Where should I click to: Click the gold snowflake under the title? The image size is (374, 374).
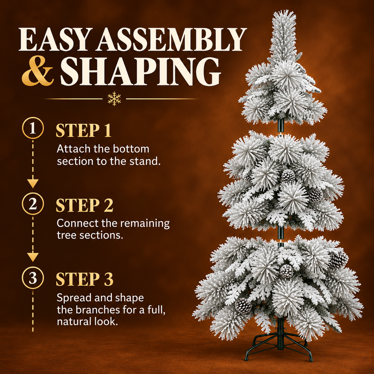click(x=114, y=98)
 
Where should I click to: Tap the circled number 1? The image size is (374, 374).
click(x=33, y=128)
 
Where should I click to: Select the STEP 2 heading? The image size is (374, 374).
click(x=84, y=205)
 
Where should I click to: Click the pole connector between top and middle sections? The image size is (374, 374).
click(x=280, y=127)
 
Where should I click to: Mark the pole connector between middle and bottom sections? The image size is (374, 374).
click(x=280, y=235)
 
